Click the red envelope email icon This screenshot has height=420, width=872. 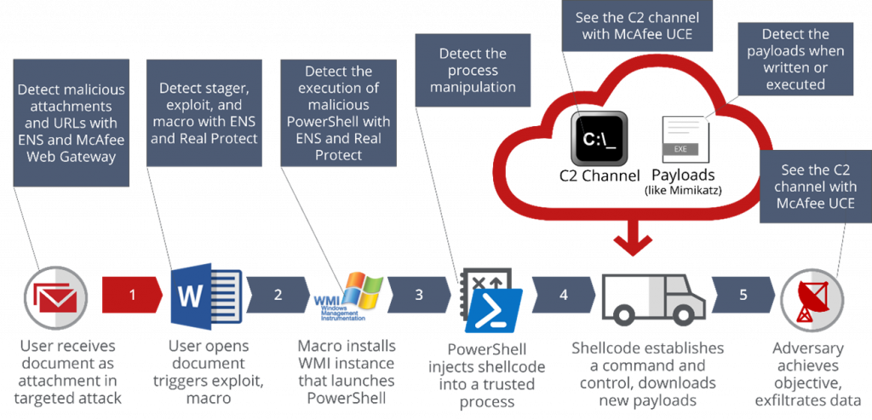tap(55, 297)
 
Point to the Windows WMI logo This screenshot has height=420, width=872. tap(349, 296)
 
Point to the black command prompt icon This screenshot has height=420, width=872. tap(599, 137)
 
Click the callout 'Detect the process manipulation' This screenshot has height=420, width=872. tap(472, 71)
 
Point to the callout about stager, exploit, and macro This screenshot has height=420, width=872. tap(209, 112)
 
